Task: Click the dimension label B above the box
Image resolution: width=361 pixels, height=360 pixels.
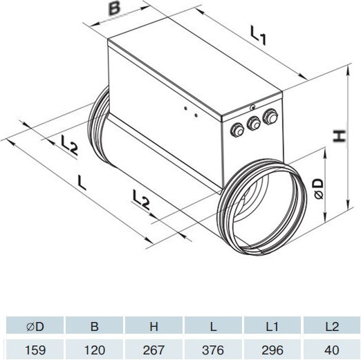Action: coord(115,9)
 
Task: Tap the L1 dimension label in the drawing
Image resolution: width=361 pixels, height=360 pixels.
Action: coord(258,35)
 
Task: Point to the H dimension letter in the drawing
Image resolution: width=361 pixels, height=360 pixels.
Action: coord(340,136)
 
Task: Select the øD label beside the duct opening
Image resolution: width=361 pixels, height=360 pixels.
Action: coord(319,189)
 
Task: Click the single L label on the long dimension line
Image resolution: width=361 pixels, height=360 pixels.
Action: coord(82,182)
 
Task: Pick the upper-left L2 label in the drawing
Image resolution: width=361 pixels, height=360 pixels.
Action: coord(69,144)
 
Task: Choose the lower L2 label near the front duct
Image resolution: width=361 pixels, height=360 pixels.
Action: coord(141,200)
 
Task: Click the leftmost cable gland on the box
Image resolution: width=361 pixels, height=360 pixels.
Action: coord(237,131)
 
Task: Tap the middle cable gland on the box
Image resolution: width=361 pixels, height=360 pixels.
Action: coord(254,124)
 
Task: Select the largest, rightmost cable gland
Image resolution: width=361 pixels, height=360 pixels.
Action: coord(270,117)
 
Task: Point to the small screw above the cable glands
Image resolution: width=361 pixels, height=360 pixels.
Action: coord(253,107)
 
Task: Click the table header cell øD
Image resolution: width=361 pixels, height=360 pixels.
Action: coord(35,326)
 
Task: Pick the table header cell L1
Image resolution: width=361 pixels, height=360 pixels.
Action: coord(272,326)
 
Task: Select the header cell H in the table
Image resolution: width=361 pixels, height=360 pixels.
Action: coord(154,326)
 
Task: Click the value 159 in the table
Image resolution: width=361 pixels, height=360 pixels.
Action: coord(35,350)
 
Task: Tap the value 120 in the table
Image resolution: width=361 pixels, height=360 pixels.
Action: coord(95,350)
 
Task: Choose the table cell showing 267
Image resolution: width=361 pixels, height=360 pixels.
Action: coord(154,350)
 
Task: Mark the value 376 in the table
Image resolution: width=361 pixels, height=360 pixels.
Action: coord(213,350)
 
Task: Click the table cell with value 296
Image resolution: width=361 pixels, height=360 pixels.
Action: coord(272,350)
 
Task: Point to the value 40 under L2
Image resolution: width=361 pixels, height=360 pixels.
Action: coord(332,350)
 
